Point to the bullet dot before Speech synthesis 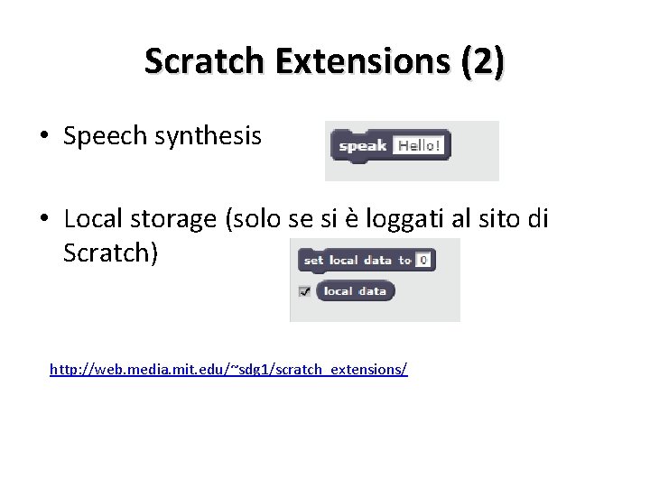coord(43,137)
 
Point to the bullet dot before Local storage coord(43,219)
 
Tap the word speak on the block coord(362,145)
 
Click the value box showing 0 coord(423,260)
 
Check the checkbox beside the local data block coord(305,290)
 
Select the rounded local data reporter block coord(355,290)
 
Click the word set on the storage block coord(313,260)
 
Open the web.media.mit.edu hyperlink coord(228,369)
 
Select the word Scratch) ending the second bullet coord(111,253)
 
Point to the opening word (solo coord(255,219)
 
